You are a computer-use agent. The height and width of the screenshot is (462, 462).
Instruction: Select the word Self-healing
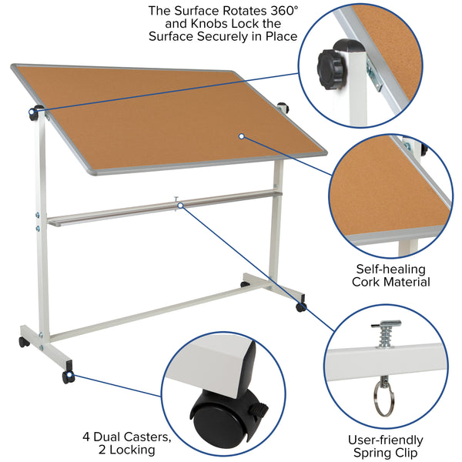point(391,269)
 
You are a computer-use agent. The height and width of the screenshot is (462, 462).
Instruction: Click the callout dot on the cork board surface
point(241,136)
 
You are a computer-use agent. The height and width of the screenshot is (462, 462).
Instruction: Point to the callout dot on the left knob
point(33,114)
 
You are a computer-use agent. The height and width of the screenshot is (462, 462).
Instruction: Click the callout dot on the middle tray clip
point(179,206)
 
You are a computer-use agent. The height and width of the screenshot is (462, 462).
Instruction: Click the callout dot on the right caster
point(300,307)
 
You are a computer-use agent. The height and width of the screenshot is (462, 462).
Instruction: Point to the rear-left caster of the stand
point(24,341)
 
